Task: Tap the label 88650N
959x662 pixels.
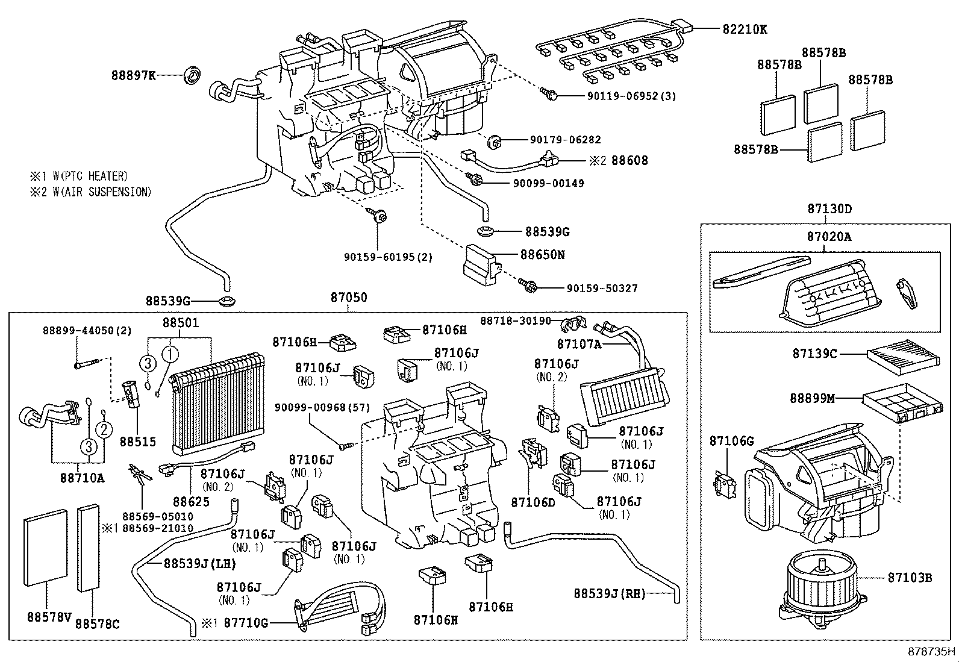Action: coord(542,255)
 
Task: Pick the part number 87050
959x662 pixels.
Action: coord(348,298)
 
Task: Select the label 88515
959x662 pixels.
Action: coord(137,442)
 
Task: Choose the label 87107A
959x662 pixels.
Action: coord(579,344)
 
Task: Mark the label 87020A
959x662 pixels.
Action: coord(829,237)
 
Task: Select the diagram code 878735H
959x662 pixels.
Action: coord(931,651)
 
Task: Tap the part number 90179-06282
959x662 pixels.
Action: coord(565,140)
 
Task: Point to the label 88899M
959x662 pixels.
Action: coord(813,398)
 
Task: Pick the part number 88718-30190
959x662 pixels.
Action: coord(515,320)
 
